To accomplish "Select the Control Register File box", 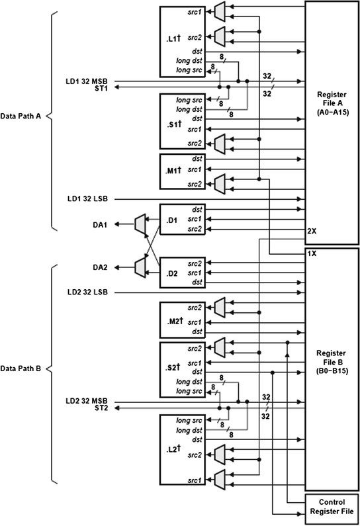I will [332, 507].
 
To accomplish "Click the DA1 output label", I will [103, 225].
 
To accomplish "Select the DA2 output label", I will [103, 267].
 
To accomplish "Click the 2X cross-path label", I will [312, 232].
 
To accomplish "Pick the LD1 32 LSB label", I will [90, 198].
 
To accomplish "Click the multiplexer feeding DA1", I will [140, 225].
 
